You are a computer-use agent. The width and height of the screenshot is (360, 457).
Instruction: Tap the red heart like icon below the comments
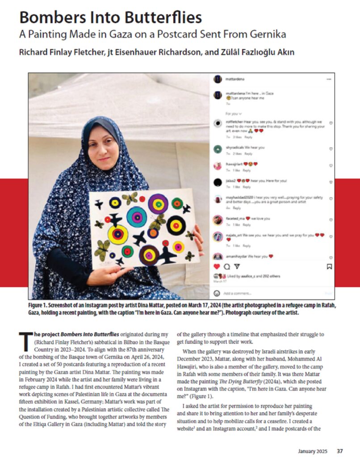218,266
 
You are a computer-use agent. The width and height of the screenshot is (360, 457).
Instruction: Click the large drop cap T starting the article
25,342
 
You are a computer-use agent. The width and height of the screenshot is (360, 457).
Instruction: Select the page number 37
340,450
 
